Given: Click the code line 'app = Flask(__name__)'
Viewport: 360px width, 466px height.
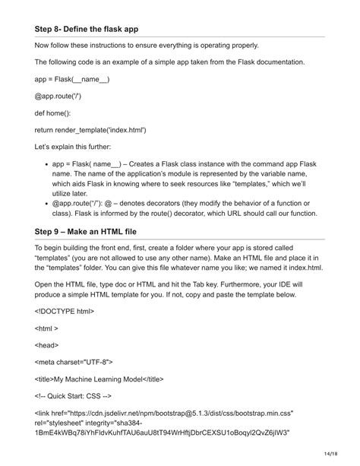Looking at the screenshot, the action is (x=72, y=79).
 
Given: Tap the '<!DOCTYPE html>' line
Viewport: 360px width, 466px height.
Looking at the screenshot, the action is (x=65, y=311).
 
